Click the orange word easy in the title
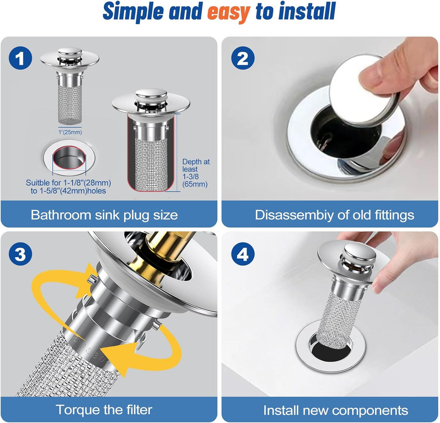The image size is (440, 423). point(228,12)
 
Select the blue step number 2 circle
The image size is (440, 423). point(242,58)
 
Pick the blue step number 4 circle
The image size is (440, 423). point(242,254)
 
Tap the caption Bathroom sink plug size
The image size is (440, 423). point(104,215)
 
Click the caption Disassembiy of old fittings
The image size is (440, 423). point(334,215)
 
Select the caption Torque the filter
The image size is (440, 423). point(104,409)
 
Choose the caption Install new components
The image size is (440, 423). point(335,410)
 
